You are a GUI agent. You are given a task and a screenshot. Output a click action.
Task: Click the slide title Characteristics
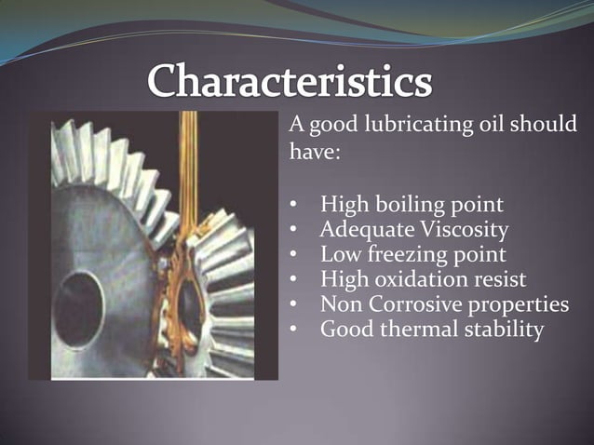click(290, 84)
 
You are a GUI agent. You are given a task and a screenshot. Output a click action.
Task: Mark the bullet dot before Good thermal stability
click(293, 330)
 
